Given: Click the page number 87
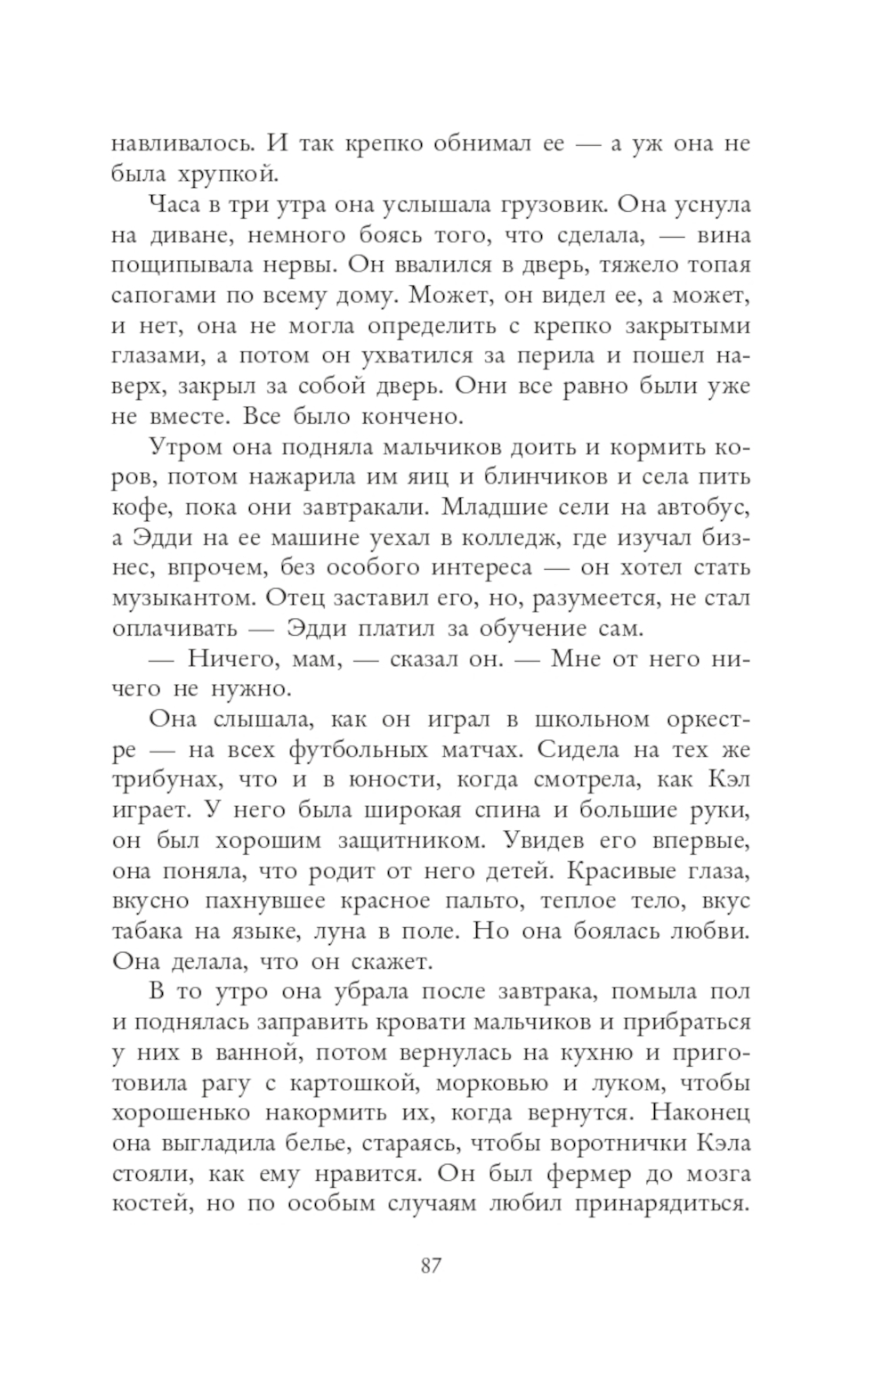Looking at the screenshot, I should pyautogui.click(x=431, y=1266).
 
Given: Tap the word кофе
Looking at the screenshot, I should pyautogui.click(x=134, y=507).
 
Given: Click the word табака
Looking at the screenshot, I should pyautogui.click(x=148, y=931).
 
